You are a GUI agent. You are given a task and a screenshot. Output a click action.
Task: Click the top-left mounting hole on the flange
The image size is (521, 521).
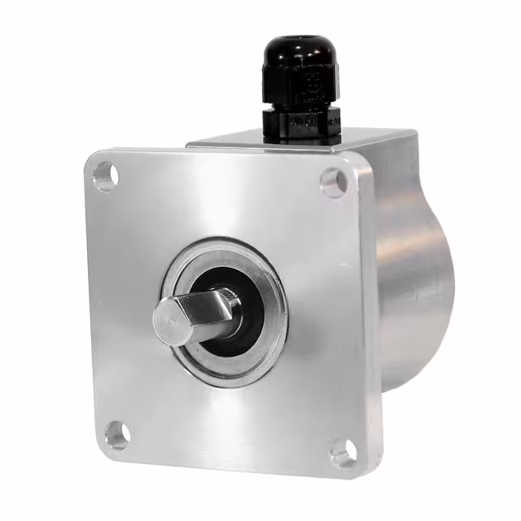105,175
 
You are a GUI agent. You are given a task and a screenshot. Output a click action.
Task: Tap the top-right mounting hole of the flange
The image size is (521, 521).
333,182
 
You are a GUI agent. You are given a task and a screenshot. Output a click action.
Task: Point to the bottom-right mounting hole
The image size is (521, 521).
343,452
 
